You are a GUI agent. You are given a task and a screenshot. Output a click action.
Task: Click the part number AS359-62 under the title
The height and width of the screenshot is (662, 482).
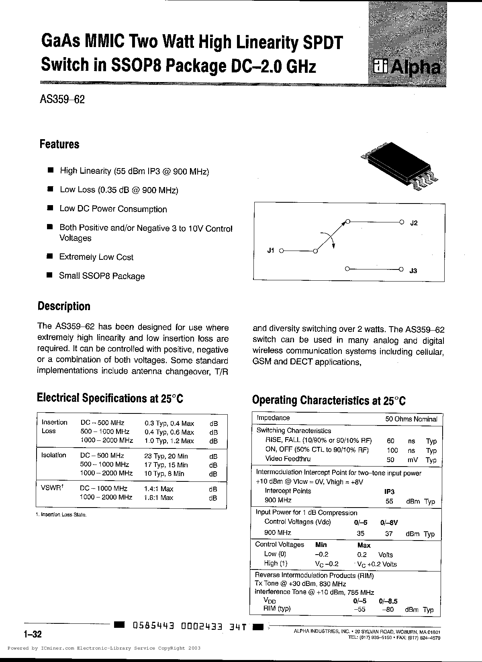pos(62,99)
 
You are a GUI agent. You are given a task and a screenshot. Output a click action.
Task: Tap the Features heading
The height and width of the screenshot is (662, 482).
pos(59,144)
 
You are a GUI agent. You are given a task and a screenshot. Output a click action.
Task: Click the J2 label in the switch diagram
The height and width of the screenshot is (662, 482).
pos(414,223)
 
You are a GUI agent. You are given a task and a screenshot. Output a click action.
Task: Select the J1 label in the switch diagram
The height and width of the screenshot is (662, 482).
pos(270,251)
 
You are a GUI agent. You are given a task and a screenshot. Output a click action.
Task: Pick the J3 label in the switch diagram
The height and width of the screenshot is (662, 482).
pos(413,271)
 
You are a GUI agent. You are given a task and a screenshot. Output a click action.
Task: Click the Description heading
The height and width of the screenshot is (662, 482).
pos(64,306)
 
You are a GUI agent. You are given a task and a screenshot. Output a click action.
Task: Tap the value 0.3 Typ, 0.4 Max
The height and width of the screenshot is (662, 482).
pos(169,423)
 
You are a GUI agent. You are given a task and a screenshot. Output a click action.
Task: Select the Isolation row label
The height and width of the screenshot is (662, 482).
pos(53,455)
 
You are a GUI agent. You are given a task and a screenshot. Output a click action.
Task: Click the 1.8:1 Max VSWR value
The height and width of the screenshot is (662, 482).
pos(159,498)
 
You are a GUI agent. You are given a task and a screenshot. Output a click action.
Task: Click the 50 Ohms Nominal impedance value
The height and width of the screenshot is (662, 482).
pos(411,419)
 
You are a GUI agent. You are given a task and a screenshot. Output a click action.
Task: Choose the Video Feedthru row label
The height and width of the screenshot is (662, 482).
pos(288,459)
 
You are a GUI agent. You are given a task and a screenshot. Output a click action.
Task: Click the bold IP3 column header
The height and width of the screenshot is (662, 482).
pos(389,491)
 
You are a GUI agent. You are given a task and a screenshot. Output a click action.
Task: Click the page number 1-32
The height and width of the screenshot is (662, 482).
pos(33,634)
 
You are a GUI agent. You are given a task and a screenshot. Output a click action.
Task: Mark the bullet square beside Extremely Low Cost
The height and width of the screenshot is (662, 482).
pos(50,256)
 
